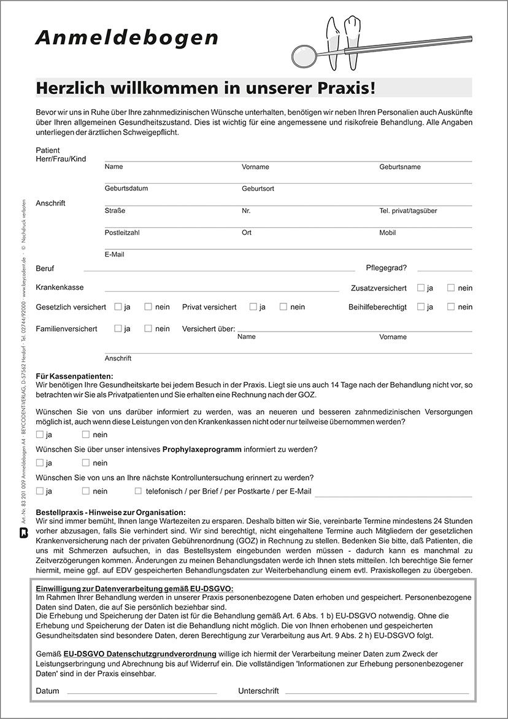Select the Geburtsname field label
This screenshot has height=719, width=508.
click(399, 167)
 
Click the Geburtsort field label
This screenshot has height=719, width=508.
click(258, 188)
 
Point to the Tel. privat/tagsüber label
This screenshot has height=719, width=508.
click(408, 211)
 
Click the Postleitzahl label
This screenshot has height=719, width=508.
click(122, 233)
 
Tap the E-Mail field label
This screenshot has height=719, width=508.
click(114, 254)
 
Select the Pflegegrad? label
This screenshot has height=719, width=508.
click(386, 268)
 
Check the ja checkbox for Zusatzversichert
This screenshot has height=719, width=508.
click(421, 287)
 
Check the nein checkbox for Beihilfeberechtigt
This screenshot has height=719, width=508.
click(451, 306)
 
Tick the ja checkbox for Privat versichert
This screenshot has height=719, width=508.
click(253, 306)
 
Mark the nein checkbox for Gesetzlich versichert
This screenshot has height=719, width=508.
click(148, 306)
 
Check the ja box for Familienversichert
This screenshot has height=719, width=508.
click(118, 328)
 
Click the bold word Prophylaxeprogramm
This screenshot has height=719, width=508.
click(201, 449)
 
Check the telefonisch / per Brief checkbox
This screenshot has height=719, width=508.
click(138, 491)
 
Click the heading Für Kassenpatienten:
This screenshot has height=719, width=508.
click(74, 376)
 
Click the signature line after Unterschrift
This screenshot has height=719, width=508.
click(379, 692)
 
